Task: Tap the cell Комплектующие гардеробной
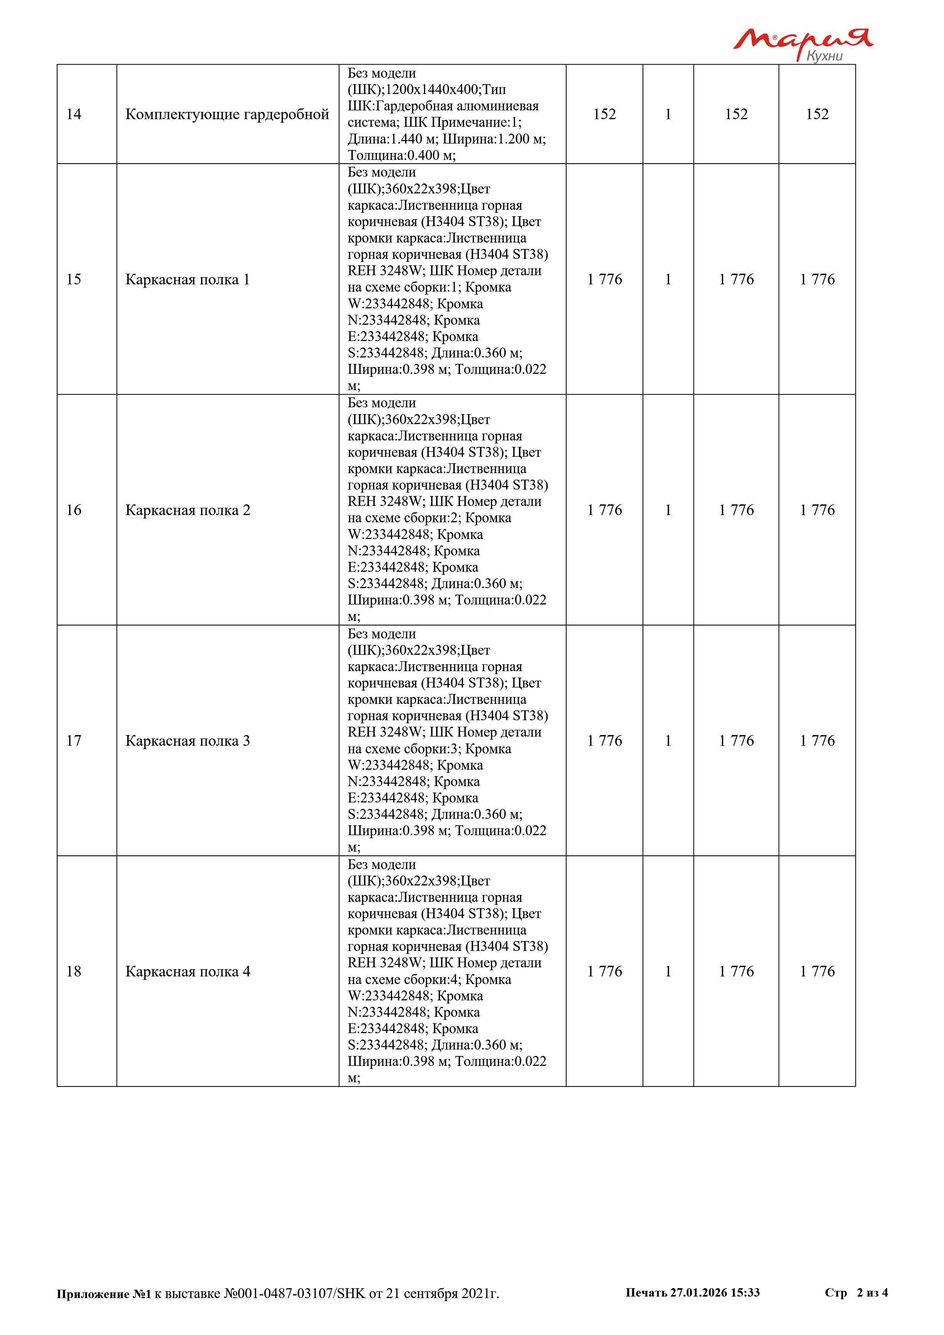tap(227, 115)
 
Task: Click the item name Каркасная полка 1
tap(187, 280)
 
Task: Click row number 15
tap(74, 280)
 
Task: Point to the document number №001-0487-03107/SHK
tap(295, 1293)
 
